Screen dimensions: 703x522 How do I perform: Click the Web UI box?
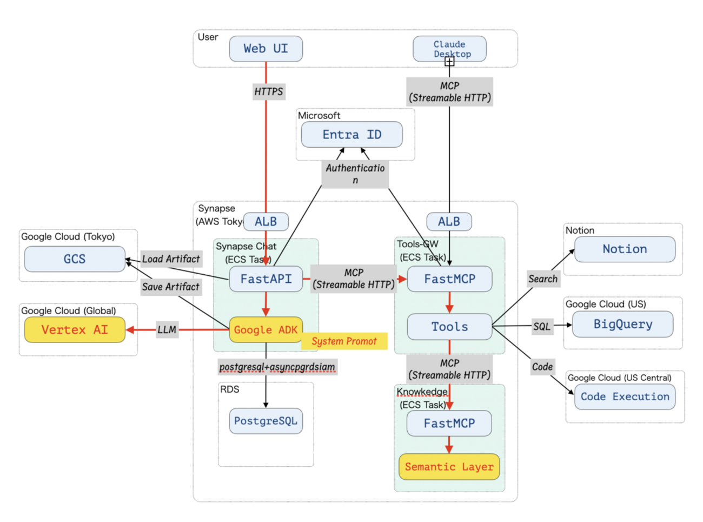tap(266, 49)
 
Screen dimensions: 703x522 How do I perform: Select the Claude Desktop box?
tap(449, 49)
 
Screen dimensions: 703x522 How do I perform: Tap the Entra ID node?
tap(351, 135)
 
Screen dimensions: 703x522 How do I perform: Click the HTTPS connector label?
tap(269, 91)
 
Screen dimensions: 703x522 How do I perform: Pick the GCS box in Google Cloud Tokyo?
tap(75, 259)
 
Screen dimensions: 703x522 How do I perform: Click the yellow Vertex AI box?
tap(75, 329)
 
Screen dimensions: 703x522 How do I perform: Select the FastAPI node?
tap(266, 279)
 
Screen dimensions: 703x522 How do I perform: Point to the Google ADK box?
tap(266, 329)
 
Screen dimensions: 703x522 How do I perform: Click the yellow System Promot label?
tap(344, 341)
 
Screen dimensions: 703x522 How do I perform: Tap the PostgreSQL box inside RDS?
tap(266, 420)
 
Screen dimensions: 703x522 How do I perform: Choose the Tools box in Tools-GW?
tap(449, 327)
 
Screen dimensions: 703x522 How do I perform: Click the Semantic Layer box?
tap(449, 466)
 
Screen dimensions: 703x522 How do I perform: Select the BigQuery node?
tap(622, 324)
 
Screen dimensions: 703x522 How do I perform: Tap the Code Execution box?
tap(625, 397)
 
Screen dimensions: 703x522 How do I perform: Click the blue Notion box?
tap(625, 249)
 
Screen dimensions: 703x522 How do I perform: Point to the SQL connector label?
tap(542, 326)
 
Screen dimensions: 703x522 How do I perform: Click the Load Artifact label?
tap(171, 259)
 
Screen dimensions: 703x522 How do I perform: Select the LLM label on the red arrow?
tap(167, 329)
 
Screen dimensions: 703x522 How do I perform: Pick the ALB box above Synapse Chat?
tap(266, 221)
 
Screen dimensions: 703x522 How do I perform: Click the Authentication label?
tap(355, 174)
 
